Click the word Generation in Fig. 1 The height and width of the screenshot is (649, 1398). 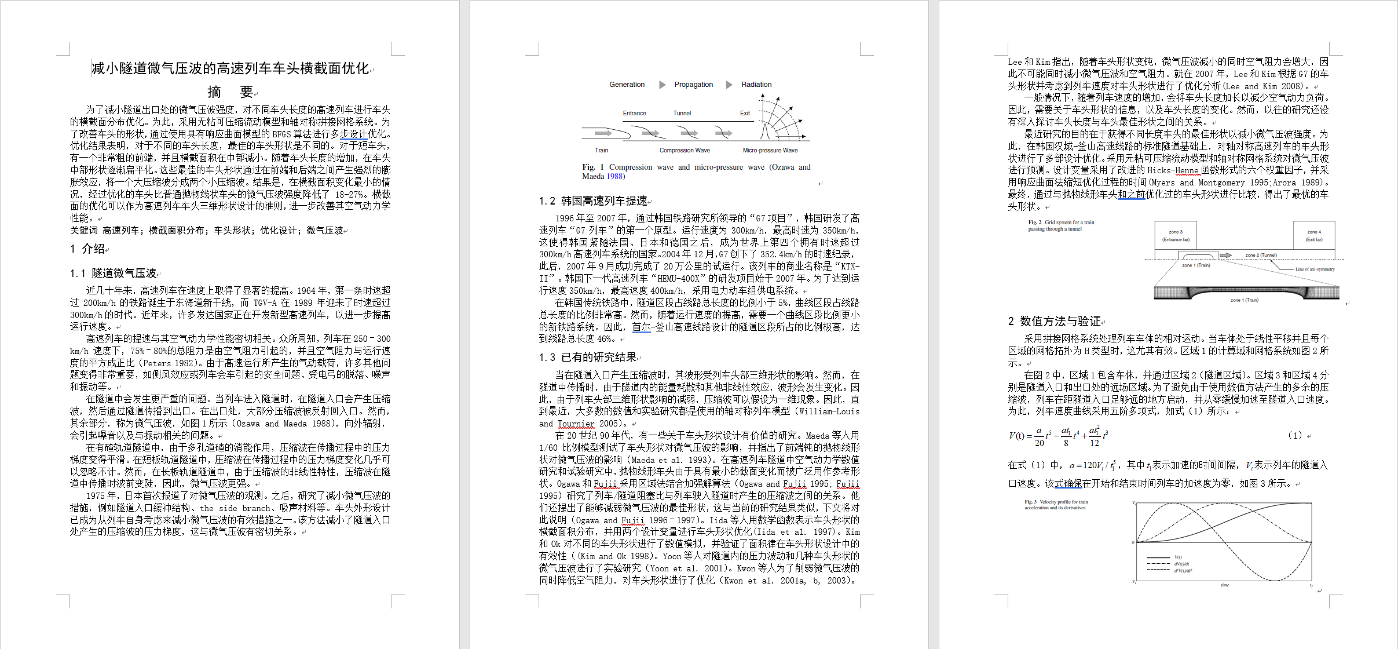click(627, 85)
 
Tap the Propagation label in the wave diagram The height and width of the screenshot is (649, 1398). click(693, 85)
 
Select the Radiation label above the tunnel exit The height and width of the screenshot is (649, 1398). click(756, 85)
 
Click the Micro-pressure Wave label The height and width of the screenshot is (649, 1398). click(770, 151)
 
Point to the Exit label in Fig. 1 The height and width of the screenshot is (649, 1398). click(745, 114)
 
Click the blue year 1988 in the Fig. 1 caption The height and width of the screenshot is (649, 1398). click(615, 177)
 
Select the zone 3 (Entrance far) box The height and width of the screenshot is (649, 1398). click(1175, 235)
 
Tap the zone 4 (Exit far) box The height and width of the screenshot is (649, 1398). click(1313, 235)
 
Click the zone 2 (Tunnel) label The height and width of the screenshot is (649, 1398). click(1261, 255)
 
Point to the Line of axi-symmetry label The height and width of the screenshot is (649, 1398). click(1315, 269)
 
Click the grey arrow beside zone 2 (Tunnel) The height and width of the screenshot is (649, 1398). click(1225, 255)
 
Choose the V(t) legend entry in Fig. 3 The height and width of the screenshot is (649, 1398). click(1178, 557)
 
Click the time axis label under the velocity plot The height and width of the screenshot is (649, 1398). click(1225, 585)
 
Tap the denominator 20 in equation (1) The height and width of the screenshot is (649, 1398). click(1039, 443)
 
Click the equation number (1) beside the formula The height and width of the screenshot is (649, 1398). click(1295, 435)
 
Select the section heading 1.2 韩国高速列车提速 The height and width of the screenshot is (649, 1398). click(593, 201)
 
